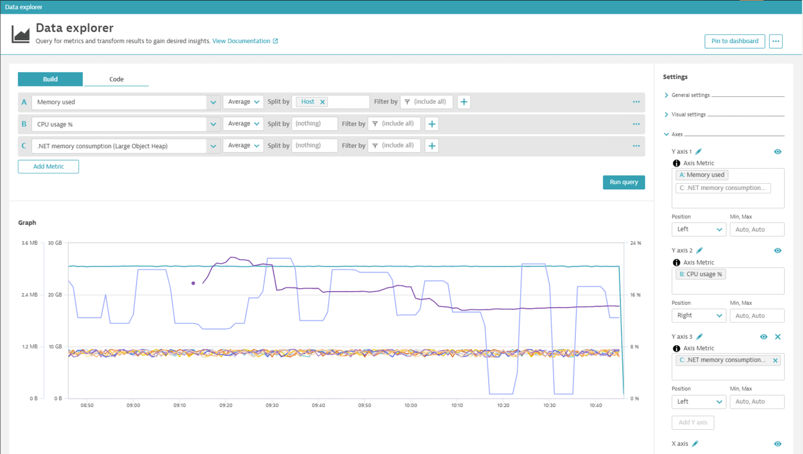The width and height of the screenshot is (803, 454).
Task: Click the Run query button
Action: click(x=623, y=182)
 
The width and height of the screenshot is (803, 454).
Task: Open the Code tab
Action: click(x=116, y=79)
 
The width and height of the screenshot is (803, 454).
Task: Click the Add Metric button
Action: click(x=48, y=166)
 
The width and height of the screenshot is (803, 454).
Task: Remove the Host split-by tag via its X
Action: click(x=322, y=102)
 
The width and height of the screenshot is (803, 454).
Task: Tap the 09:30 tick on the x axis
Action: click(x=272, y=405)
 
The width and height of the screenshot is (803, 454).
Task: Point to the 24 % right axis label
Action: click(x=635, y=243)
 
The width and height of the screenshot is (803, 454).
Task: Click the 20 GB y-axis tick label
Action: click(x=54, y=295)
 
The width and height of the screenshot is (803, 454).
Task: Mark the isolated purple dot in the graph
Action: click(x=193, y=283)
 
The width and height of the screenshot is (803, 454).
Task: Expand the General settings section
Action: click(x=691, y=95)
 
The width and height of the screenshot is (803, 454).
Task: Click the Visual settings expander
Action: click(x=689, y=115)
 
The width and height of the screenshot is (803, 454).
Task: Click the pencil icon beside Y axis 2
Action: click(x=699, y=250)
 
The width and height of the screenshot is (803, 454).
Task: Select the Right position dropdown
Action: click(x=699, y=316)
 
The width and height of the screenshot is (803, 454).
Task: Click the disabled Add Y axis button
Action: click(x=692, y=422)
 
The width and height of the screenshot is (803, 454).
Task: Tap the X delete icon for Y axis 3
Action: click(x=778, y=337)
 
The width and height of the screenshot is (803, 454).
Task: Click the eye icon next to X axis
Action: click(x=778, y=444)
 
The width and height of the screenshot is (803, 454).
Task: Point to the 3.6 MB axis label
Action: click(x=29, y=243)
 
